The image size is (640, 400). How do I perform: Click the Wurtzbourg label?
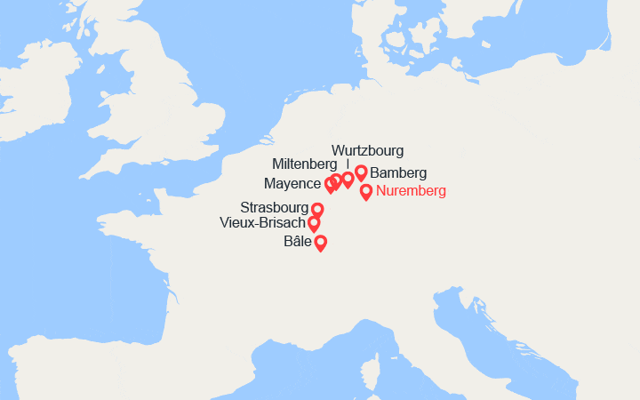367,150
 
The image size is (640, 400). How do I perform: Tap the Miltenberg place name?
305,164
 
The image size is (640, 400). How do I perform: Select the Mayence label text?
292,184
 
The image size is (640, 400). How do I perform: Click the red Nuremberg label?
410,191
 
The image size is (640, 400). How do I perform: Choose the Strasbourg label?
275,207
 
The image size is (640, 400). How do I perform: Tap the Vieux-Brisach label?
262,223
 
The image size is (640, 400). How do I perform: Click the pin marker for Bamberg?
361,172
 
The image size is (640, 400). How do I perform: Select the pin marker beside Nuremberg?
366,191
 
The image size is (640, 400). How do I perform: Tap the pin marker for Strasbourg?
317,210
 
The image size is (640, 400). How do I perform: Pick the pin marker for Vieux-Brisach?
314,223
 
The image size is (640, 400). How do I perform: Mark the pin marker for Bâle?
320,242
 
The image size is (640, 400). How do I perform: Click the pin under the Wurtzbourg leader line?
348,180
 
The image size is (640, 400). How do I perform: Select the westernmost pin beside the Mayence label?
330,184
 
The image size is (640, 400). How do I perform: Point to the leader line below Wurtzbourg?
348,164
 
